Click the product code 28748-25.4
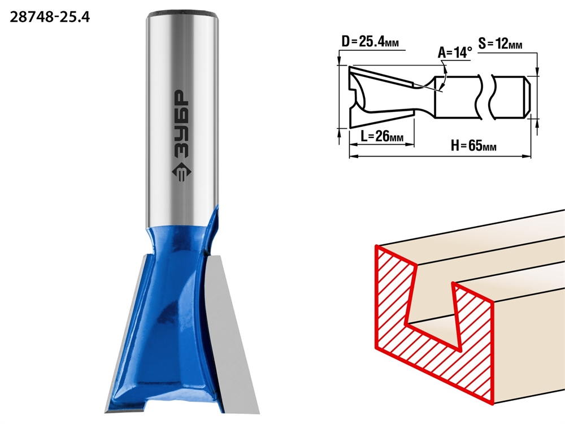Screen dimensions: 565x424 pyautogui.click(x=50, y=17)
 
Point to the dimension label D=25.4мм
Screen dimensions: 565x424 pyautogui.click(x=370, y=42)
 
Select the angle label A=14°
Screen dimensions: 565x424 pyautogui.click(x=455, y=53)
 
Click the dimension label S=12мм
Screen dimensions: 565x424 pyautogui.click(x=500, y=44)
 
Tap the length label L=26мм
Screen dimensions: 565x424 pyautogui.click(x=382, y=136)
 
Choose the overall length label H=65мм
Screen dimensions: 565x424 pyautogui.click(x=473, y=146)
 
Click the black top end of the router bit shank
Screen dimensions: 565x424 pyautogui.click(x=184, y=14)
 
